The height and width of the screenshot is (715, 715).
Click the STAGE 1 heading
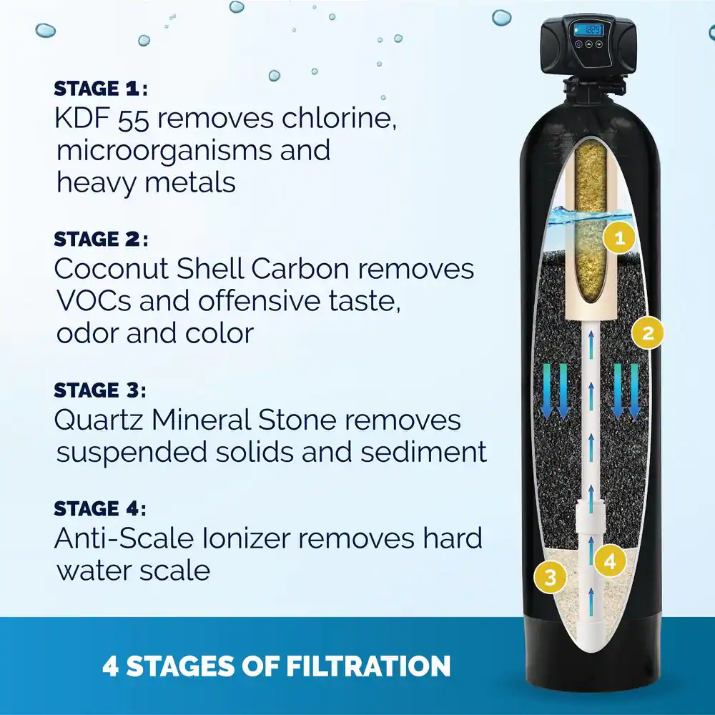[101, 89]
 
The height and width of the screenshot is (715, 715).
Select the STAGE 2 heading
[101, 240]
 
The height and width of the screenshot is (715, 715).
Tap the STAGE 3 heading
[100, 390]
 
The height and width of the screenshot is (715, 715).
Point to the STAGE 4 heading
[100, 509]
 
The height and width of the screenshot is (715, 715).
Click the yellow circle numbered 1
[619, 237]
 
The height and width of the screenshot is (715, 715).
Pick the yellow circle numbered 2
[648, 333]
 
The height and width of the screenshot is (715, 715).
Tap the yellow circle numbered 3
[551, 577]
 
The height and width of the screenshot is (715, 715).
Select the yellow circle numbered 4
[610, 561]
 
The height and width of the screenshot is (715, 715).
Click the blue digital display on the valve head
[588, 31]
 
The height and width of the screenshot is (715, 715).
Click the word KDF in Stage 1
[82, 119]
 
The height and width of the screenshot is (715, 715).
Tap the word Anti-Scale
[124, 538]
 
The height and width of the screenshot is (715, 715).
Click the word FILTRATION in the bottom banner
[368, 666]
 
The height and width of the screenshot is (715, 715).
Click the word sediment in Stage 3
[423, 452]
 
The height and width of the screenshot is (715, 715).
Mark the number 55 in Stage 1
[134, 120]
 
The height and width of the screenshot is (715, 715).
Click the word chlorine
[338, 119]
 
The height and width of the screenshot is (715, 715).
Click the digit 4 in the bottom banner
[110, 666]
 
